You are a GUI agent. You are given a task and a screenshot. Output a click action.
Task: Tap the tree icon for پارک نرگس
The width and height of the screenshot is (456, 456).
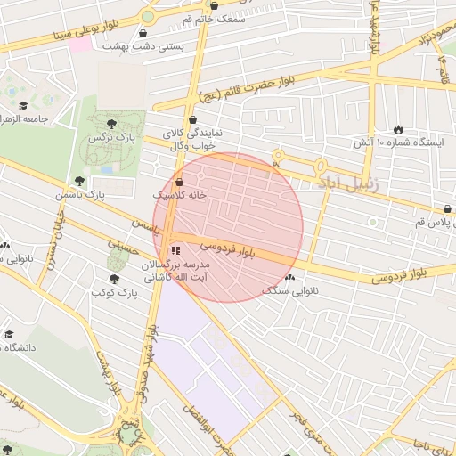tap(110, 124)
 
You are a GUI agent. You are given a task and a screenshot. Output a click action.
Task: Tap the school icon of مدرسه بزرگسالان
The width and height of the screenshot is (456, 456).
tap(175, 251)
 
